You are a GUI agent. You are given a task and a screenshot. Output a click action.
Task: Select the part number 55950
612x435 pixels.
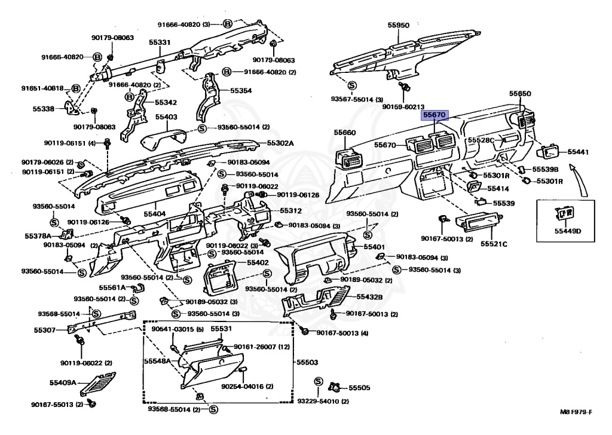(x=398, y=26)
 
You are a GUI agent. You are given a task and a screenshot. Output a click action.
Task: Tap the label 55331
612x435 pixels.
(x=160, y=42)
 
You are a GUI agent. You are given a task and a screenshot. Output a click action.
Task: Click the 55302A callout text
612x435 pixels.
(x=280, y=143)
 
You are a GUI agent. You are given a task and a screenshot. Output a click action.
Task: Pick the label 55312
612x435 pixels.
(x=291, y=211)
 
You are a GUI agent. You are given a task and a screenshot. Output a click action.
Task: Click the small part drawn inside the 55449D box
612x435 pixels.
(x=564, y=213)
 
